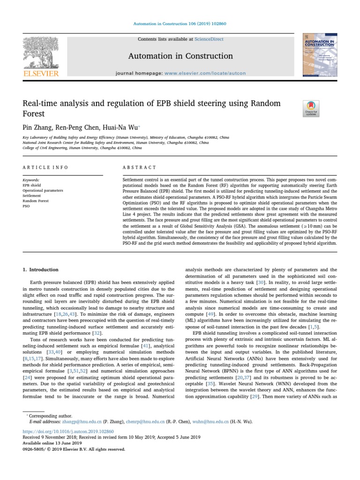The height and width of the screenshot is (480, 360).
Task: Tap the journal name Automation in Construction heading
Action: (180, 56)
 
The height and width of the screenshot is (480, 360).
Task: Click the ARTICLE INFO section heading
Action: (45, 167)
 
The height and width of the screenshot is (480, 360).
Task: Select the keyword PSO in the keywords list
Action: (26, 206)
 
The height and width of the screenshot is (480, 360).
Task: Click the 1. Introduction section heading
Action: (41, 270)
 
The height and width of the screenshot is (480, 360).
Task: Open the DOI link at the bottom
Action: (68, 431)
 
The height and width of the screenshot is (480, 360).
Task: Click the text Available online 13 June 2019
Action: (52, 443)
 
